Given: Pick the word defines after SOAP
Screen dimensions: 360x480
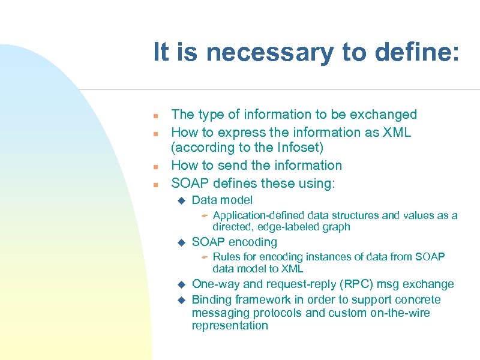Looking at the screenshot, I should (231, 183).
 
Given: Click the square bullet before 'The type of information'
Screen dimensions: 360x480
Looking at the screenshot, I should (155, 115).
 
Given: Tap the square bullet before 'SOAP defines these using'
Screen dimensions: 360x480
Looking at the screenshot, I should (155, 184).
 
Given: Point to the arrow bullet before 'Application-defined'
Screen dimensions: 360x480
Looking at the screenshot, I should (204, 215).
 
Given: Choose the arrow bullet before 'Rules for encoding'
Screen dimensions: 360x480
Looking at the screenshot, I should (204, 257).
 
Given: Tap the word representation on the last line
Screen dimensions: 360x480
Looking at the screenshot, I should (230, 326).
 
